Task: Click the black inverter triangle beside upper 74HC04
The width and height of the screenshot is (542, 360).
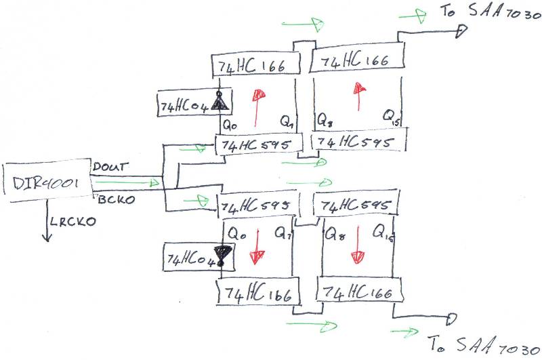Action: [x=219, y=102]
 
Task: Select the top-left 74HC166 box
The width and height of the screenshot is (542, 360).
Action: [x=257, y=64]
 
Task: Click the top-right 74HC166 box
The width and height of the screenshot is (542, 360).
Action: [x=356, y=59]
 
